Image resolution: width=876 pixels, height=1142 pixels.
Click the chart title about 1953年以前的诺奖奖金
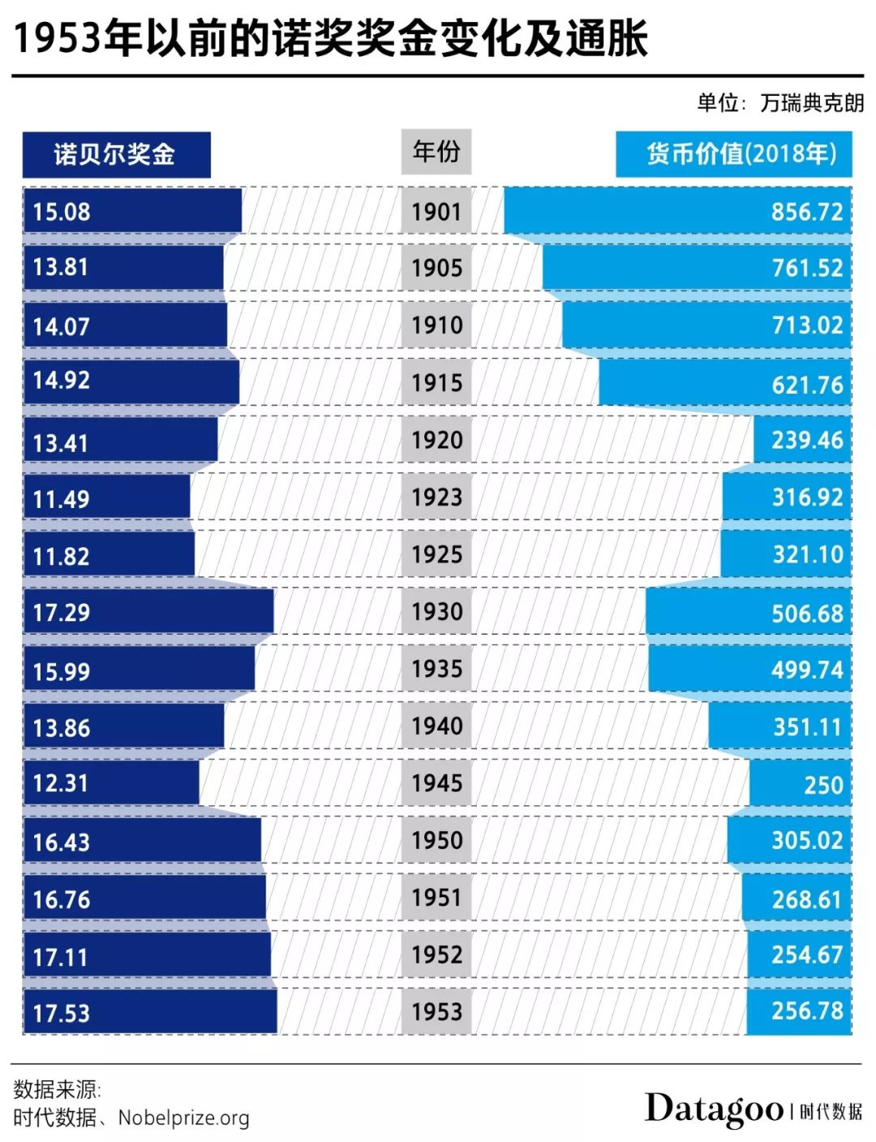(331, 37)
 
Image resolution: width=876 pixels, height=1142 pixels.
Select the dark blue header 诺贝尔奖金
(115, 154)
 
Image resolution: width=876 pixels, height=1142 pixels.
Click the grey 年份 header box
(436, 152)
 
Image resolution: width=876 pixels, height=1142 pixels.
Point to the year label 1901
(436, 212)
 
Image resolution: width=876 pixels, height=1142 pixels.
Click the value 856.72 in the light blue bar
(806, 212)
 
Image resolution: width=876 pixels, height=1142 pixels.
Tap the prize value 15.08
(62, 212)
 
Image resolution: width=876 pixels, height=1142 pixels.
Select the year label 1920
(436, 440)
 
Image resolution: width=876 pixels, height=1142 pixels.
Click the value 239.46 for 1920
(806, 440)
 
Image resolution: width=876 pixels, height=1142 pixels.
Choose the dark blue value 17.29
(62, 612)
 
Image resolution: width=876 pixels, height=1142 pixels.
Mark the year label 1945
(436, 783)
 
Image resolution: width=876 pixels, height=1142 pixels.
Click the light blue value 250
(823, 785)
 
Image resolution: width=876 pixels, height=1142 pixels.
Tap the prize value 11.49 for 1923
(62, 498)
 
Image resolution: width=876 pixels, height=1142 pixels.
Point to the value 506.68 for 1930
(806, 613)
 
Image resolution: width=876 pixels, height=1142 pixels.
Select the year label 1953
(436, 1012)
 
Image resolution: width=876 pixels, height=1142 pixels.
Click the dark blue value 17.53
(62, 1013)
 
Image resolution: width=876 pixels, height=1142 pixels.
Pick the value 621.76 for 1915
(806, 384)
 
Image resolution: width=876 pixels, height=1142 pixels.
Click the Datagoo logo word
(714, 1109)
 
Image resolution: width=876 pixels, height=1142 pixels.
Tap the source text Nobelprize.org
(183, 1118)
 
